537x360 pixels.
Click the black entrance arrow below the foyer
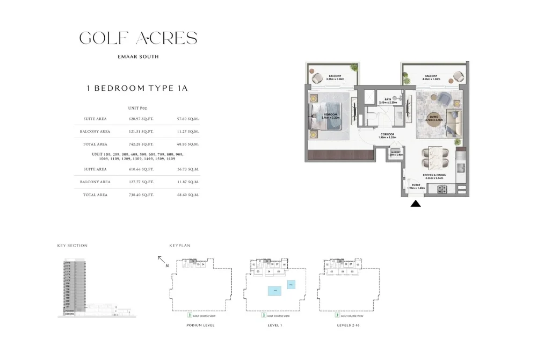(x=416, y=204)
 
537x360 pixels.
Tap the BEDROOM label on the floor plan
(x=330, y=115)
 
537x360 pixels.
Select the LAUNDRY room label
(x=396, y=152)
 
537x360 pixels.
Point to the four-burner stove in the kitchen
(x=443, y=189)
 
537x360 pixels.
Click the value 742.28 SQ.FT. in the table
(x=141, y=144)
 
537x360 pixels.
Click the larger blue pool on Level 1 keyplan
(x=274, y=290)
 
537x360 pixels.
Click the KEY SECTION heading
(x=72, y=246)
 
